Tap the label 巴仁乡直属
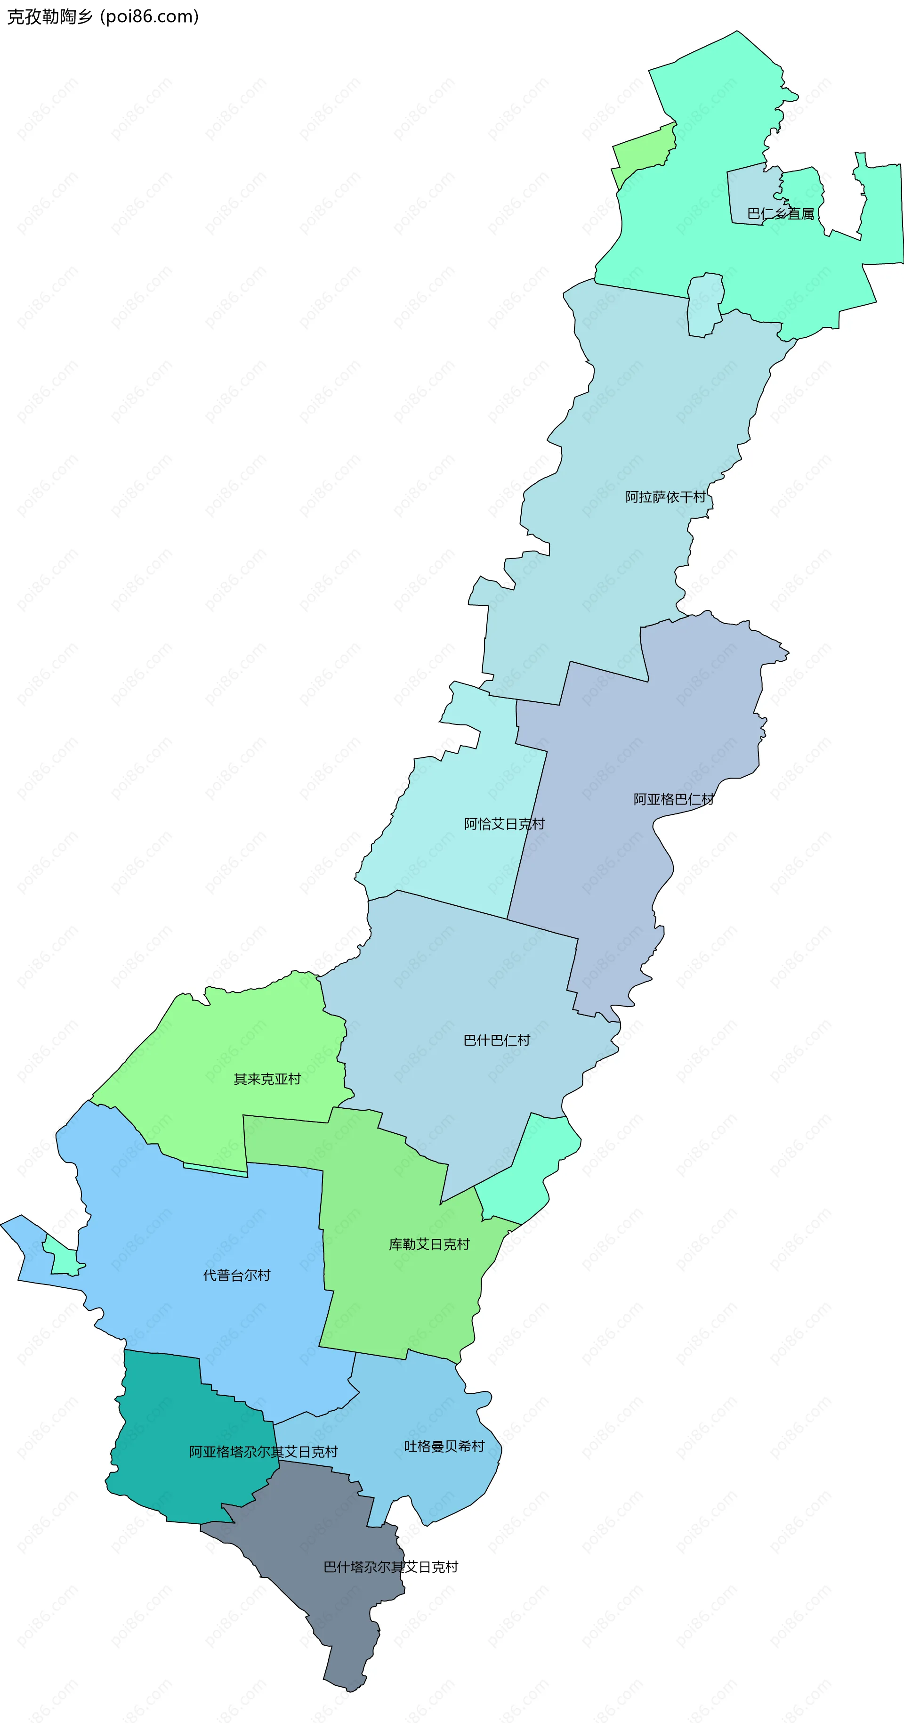pos(780,214)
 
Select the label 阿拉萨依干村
pos(665,497)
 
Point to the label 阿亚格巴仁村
pos(673,799)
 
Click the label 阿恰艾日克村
pos(504,824)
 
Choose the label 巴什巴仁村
pos(496,1040)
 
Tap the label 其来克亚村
pos(267,1079)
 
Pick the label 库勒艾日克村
pos(429,1244)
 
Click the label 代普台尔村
pos(237,1276)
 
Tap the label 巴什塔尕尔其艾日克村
pos(390,1567)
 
